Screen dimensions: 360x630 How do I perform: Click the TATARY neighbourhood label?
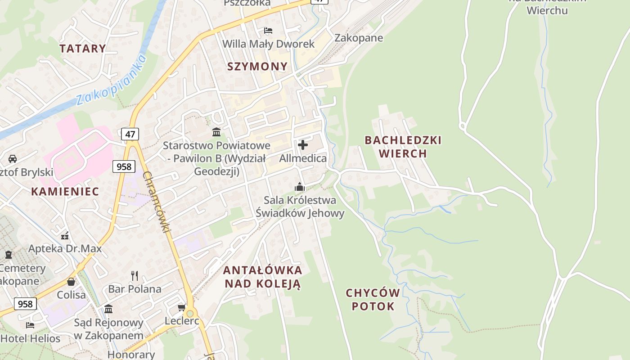[x=83, y=49]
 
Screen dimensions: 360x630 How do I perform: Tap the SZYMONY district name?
[x=257, y=67]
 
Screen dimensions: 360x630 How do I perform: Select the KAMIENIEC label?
[x=65, y=191]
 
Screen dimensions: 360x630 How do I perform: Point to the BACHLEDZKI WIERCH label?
[x=403, y=147]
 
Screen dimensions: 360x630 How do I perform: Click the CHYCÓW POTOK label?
[x=373, y=300]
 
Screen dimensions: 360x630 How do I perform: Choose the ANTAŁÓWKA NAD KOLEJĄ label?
[x=263, y=277]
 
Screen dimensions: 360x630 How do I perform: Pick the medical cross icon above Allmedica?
[x=303, y=145]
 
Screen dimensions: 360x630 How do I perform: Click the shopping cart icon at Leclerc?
[x=182, y=307]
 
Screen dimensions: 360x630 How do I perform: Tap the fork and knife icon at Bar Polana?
[x=134, y=275]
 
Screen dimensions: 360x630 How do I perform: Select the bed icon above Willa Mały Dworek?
[x=268, y=31]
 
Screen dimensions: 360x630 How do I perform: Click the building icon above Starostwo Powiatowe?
[x=216, y=132]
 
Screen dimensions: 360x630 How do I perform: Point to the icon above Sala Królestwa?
[x=300, y=186]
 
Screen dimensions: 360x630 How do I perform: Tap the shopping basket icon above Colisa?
[x=71, y=282]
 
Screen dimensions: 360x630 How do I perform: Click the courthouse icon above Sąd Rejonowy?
[x=108, y=309]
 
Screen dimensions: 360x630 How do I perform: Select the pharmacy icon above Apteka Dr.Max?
[x=65, y=235]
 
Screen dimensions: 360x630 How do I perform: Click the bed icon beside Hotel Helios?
[x=30, y=325]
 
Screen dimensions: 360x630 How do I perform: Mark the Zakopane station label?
[x=359, y=38]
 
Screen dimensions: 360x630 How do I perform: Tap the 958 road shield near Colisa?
[x=25, y=304]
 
